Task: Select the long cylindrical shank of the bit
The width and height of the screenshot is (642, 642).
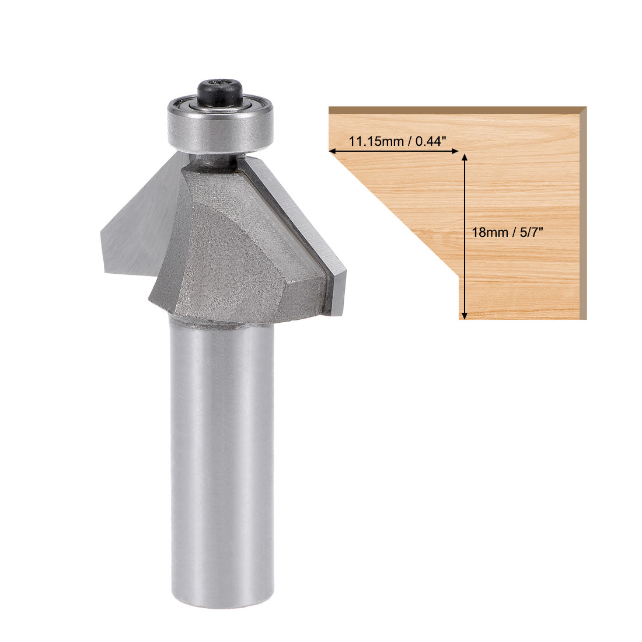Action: (222, 455)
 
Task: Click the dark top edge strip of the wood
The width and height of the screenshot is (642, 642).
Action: (455, 110)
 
